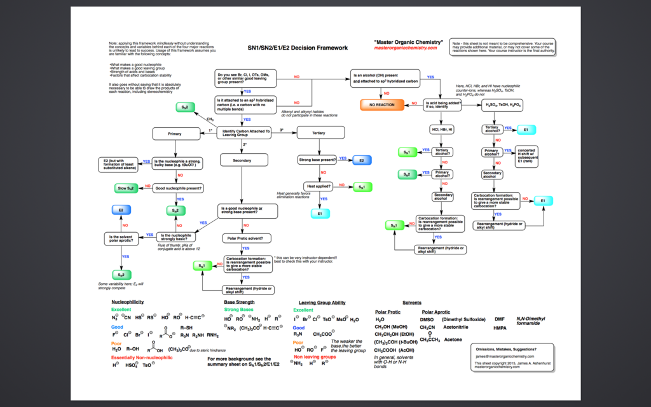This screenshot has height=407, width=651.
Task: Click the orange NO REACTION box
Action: click(x=382, y=105)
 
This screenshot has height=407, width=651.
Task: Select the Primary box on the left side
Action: click(x=175, y=134)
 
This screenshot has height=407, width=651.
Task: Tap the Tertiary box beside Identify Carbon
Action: click(x=319, y=133)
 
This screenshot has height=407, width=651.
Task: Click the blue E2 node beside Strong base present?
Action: click(x=362, y=160)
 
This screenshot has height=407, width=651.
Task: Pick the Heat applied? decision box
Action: click(x=319, y=187)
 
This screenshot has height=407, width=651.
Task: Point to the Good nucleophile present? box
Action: click(x=179, y=188)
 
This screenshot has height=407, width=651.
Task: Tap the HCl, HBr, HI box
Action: click(x=442, y=130)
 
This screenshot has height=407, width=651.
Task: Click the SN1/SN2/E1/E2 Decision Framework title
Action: click(x=298, y=48)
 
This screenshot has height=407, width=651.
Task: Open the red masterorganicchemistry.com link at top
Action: click(x=406, y=48)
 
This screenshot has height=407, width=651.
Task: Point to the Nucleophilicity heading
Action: click(x=127, y=301)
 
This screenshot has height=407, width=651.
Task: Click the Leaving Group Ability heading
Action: click(x=322, y=303)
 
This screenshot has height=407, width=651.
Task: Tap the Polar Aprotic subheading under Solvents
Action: click(x=435, y=312)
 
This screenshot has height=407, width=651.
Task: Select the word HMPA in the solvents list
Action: click(x=500, y=328)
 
